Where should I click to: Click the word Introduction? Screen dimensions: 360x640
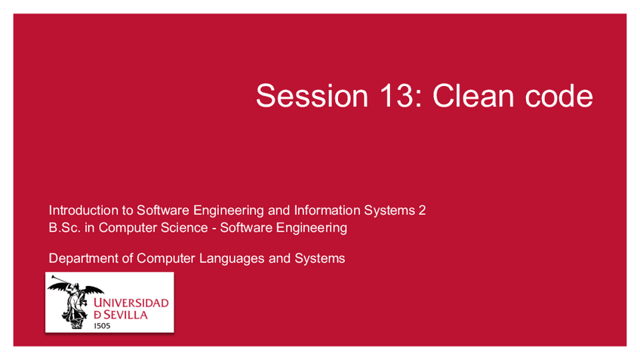81,211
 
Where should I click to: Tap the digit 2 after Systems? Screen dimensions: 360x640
422,211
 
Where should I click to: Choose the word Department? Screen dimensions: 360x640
84,259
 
